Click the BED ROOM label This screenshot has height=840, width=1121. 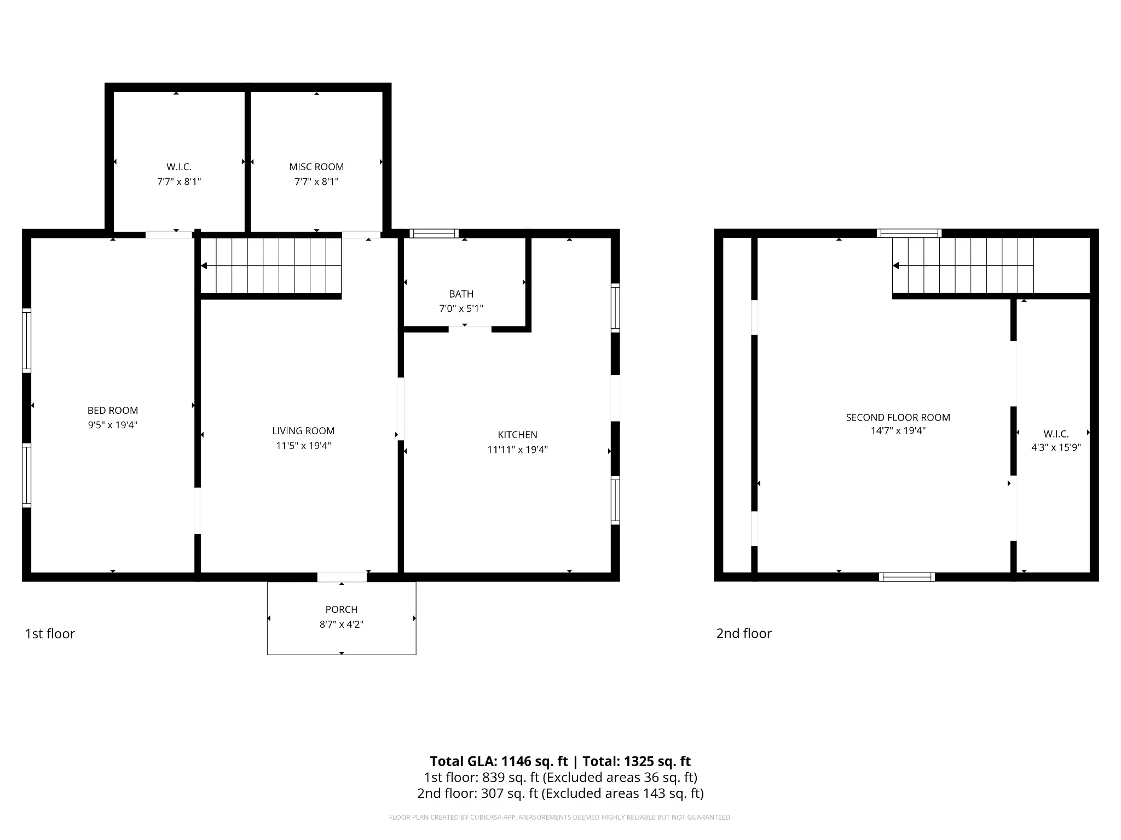113,410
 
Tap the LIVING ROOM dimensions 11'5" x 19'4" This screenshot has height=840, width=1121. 303,446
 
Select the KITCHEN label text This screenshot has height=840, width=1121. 517,435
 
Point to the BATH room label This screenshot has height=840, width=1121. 461,294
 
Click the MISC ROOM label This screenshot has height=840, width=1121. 316,167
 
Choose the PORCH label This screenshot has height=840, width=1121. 342,609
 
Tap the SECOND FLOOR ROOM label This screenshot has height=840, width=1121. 898,417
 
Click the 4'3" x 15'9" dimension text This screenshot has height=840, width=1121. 1056,447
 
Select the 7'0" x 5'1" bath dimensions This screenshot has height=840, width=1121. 461,308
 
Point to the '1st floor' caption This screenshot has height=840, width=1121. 50,633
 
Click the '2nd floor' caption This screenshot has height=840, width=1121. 744,633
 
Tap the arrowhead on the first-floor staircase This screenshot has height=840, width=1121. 204,266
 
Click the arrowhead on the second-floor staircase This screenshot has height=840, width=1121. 896,266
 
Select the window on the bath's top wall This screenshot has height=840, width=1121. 434,234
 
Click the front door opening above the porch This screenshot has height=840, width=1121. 342,577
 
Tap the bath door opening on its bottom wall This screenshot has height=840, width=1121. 470,329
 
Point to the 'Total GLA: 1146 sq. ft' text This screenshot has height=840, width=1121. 499,761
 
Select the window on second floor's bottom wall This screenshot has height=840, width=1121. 907,577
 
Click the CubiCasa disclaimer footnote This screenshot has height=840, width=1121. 560,818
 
